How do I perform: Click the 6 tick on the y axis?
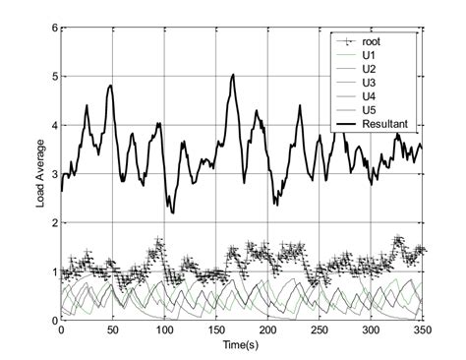tap(52, 28)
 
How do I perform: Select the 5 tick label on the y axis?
tap(52, 77)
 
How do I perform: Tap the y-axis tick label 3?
tap(52, 174)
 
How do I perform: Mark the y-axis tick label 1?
tap(52, 271)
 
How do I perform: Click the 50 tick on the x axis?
tap(112, 331)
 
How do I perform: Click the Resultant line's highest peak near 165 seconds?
tap(233, 74)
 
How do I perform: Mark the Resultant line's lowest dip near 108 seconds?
tap(172, 212)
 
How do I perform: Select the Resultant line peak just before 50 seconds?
tap(110, 86)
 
